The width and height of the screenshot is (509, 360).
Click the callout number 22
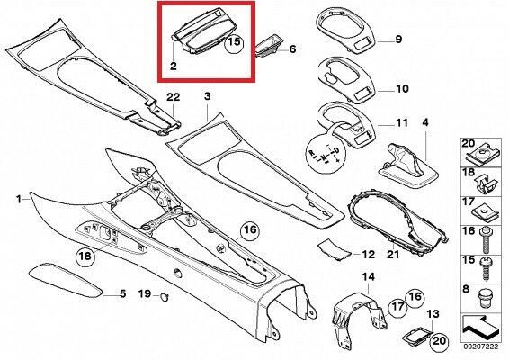(173, 97)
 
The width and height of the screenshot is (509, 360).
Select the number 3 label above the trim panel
(208, 96)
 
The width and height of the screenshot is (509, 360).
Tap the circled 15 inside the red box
(235, 42)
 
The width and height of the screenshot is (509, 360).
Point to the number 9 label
(398, 40)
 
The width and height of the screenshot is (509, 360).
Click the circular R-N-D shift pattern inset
(325, 155)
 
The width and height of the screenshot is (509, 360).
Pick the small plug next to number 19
(165, 296)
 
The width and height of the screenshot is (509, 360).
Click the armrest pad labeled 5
(66, 281)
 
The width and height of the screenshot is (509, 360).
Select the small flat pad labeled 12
(335, 250)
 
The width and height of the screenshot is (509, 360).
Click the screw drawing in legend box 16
(486, 239)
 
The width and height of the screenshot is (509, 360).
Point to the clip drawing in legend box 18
(486, 184)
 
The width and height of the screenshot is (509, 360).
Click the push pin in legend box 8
(486, 299)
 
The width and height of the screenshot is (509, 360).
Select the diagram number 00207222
(480, 347)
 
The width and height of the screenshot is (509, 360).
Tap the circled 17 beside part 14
(397, 307)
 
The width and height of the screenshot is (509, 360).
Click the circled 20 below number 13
(438, 341)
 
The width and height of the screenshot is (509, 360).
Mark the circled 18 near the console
(85, 256)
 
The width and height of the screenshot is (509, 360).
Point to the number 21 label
(393, 254)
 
